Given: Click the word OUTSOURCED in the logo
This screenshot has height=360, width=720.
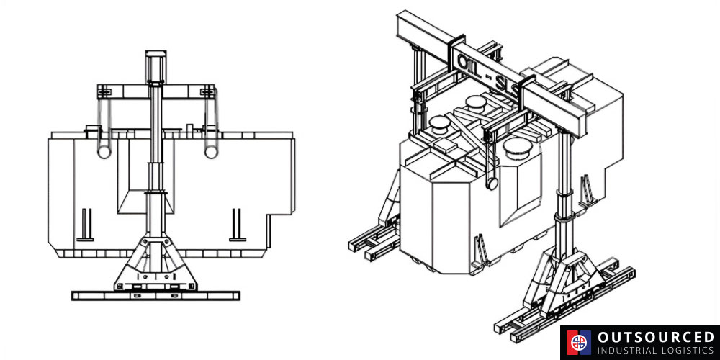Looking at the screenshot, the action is click(x=656, y=338).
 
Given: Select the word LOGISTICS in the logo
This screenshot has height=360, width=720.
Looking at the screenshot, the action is click(x=686, y=351).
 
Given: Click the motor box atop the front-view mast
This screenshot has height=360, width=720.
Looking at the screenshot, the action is click(x=156, y=66).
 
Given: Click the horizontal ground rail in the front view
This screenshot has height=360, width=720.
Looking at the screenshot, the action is click(x=156, y=295).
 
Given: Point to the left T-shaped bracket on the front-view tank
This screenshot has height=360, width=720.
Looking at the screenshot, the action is click(x=86, y=225).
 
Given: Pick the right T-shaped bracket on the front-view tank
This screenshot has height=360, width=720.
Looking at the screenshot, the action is click(x=237, y=225).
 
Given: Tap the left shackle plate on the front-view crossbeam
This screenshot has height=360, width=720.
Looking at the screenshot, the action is click(x=104, y=91).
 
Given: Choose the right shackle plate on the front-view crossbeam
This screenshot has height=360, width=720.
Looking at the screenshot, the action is click(x=208, y=91).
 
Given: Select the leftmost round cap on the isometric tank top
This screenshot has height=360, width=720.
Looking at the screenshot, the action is click(x=440, y=124).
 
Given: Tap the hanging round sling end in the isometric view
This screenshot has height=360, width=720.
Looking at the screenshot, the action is click(x=492, y=184).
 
